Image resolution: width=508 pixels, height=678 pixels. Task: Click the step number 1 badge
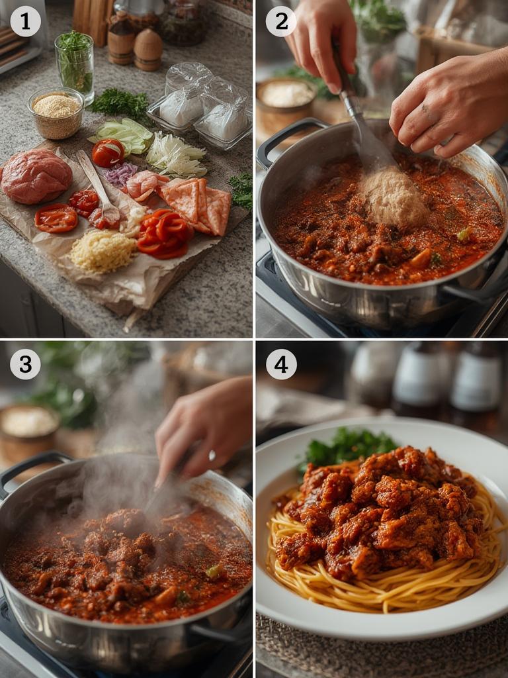(x=25, y=21)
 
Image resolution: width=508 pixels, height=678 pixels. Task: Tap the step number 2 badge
(x=280, y=21)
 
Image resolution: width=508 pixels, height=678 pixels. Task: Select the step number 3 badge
(x=25, y=364)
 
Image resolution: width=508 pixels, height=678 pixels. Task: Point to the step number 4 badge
(x=280, y=364)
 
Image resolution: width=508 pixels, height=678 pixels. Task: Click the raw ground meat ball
(x=36, y=176)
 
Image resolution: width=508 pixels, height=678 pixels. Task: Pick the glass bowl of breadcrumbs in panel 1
(x=56, y=112)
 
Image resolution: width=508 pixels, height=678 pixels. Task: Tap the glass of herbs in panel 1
(x=74, y=64)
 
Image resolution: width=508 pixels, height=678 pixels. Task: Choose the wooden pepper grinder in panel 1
(x=148, y=50)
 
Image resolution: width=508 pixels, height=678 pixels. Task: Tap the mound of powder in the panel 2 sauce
(x=396, y=197)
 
